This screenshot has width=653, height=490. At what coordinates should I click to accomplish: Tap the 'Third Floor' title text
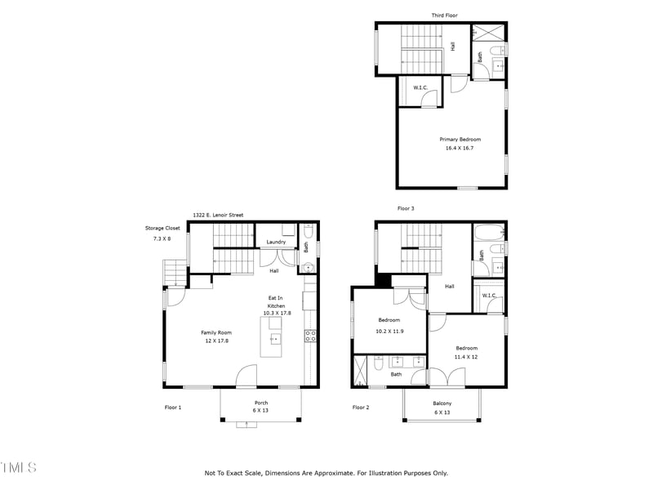click(x=445, y=16)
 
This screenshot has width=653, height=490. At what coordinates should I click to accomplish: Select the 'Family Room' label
click(x=217, y=332)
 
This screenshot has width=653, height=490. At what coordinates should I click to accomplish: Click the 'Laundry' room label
click(x=276, y=242)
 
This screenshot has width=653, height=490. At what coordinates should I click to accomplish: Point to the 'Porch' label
click(x=261, y=403)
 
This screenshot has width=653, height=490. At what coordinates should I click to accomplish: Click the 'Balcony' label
click(x=442, y=403)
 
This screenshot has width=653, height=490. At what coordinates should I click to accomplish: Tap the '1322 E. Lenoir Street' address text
click(x=218, y=215)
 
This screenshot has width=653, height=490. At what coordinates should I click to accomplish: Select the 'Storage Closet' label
click(x=162, y=228)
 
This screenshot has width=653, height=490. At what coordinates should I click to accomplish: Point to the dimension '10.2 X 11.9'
click(x=389, y=331)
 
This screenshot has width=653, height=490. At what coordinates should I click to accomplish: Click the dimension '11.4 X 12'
click(x=466, y=357)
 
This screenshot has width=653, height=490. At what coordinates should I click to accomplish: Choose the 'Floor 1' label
click(x=173, y=407)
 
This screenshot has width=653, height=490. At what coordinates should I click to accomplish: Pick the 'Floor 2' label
click(x=361, y=407)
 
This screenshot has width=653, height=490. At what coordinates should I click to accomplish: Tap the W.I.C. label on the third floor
click(x=421, y=87)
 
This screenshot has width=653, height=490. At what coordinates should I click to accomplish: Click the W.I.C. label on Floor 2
click(x=489, y=296)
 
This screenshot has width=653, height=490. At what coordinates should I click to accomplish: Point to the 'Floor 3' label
click(x=406, y=209)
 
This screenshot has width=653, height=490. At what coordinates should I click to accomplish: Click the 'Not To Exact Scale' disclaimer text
click(x=326, y=473)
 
